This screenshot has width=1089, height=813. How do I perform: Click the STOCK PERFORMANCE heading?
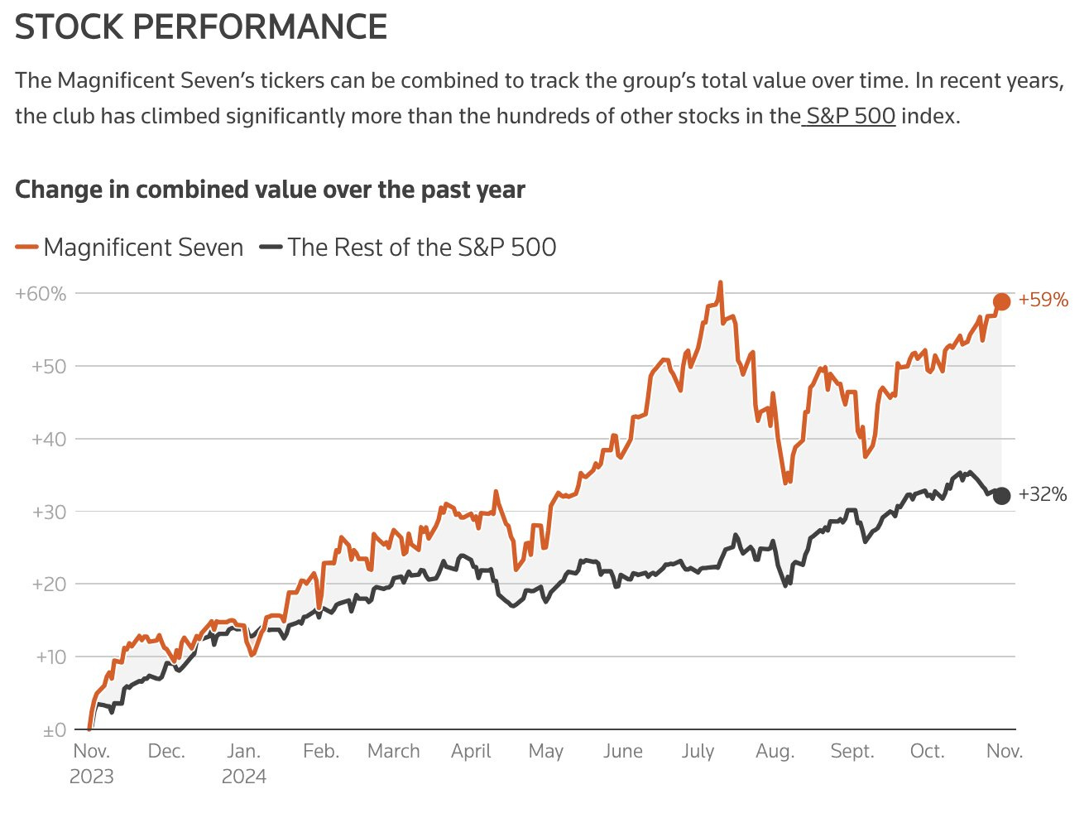pos(201,27)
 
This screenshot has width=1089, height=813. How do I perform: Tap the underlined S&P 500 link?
pos(851,115)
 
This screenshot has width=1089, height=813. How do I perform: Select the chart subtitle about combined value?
pos(270,190)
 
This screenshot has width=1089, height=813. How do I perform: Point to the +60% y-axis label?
pos(41,293)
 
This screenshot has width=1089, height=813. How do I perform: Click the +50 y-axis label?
pos(48,366)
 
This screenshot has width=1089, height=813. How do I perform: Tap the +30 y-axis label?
pos(48,512)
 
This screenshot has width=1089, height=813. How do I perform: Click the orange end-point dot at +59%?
pos(1001,301)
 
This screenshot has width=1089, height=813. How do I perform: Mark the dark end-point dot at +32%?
pos(1001,496)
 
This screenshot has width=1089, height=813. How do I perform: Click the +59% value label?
pos(1043,300)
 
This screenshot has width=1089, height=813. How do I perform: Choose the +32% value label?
pos(1043,494)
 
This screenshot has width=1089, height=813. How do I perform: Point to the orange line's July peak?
pos(721,283)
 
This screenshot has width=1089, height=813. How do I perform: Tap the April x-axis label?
pos(471,751)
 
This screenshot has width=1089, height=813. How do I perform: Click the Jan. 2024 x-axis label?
pos(244,762)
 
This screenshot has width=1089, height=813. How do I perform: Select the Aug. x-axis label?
pos(775,751)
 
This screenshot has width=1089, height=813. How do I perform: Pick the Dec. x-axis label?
pos(166,751)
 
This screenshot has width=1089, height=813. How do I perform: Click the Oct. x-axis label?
pos(927,751)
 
